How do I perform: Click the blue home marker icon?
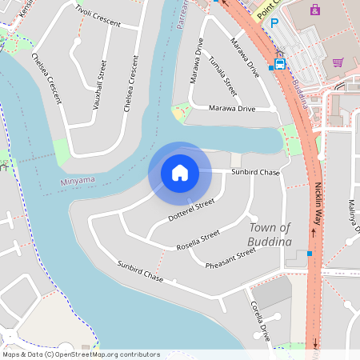coord(180,172)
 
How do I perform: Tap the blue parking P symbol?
coord(274,24)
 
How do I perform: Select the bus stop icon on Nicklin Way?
coord(280,63)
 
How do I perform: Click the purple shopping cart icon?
coord(338,62)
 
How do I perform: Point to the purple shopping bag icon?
coord(314,10)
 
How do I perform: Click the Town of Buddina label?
coord(270,234)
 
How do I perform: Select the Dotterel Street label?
coord(192,210)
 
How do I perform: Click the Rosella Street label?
coord(198,238)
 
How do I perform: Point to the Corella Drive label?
coord(261,321)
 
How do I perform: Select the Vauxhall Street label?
coord(99,84)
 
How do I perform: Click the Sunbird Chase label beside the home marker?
coord(255,172)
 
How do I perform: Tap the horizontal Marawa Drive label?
coord(231,108)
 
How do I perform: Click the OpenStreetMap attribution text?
coord(81,354)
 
